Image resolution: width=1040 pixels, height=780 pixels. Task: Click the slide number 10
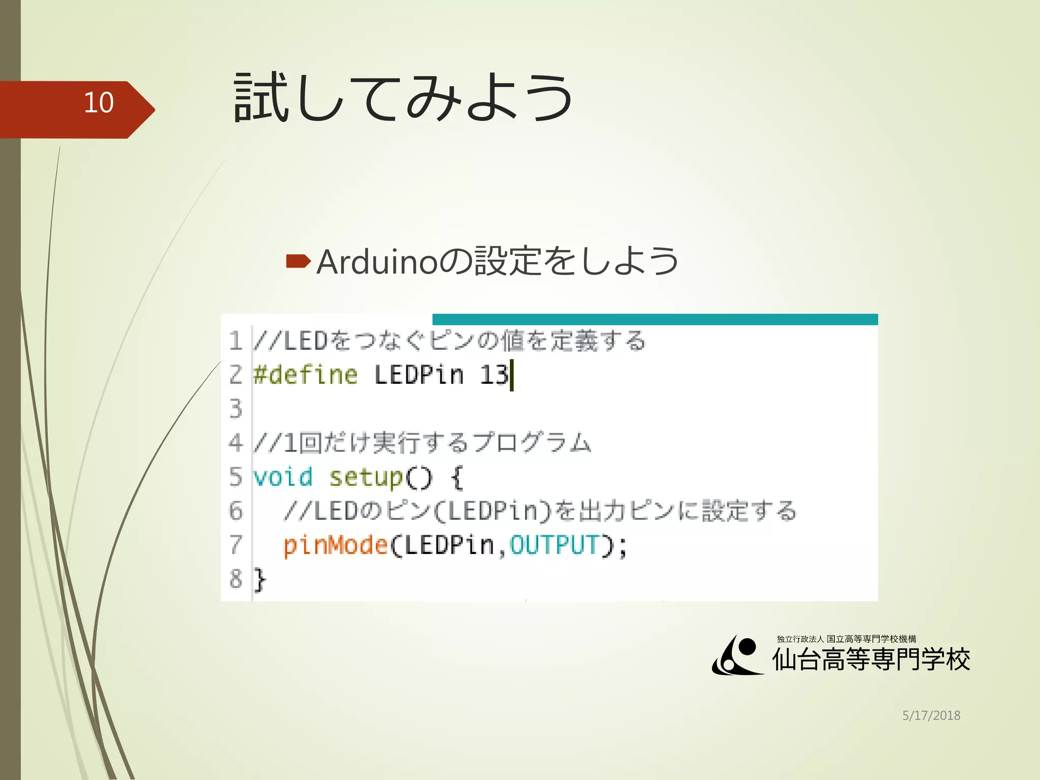click(x=99, y=103)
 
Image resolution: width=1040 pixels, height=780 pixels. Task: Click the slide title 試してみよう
click(x=404, y=97)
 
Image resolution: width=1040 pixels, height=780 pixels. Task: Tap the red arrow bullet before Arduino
click(x=298, y=262)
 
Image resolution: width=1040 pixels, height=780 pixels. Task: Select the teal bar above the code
click(x=655, y=319)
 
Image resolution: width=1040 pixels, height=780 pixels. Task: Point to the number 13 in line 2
click(x=494, y=375)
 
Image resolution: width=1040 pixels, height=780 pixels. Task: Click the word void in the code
click(x=283, y=477)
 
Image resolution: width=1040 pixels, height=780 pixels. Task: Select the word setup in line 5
click(x=366, y=478)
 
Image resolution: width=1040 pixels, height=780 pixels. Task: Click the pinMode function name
click(x=336, y=545)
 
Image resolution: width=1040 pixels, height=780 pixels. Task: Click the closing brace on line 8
click(x=259, y=579)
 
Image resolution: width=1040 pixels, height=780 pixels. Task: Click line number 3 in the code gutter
click(x=236, y=409)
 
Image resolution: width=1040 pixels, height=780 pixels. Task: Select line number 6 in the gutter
click(x=236, y=511)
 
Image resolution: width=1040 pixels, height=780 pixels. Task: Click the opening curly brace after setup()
click(x=457, y=478)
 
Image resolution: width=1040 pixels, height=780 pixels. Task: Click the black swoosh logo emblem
click(x=737, y=656)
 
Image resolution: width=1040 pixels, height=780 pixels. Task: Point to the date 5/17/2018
click(x=931, y=716)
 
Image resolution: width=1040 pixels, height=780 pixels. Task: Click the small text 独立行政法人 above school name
click(x=800, y=639)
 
